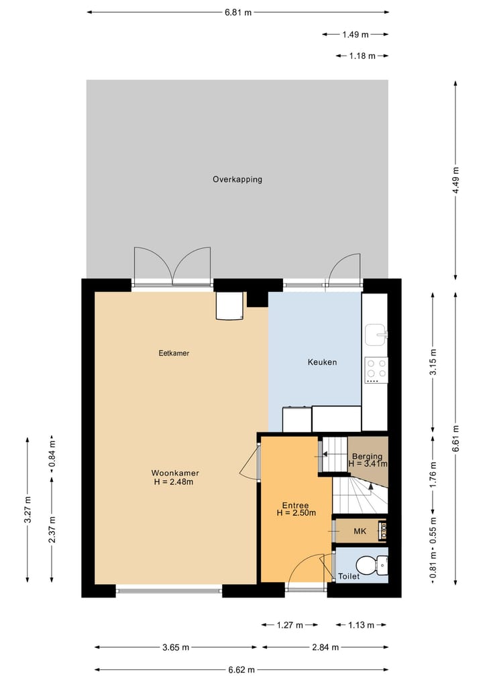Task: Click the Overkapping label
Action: coord(237,179)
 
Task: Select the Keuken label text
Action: coord(322,362)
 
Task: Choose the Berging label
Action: coord(367,457)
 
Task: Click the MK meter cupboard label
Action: coord(360,532)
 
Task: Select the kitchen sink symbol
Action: coord(375,333)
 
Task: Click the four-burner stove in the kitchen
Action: coord(376,370)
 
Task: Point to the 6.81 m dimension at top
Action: coord(238,12)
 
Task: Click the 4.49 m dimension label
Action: coord(456,180)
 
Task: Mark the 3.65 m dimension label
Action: coord(176,647)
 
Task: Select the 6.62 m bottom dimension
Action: coord(241,669)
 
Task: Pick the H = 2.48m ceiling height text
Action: coord(175,481)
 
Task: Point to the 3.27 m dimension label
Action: coord(28,510)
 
